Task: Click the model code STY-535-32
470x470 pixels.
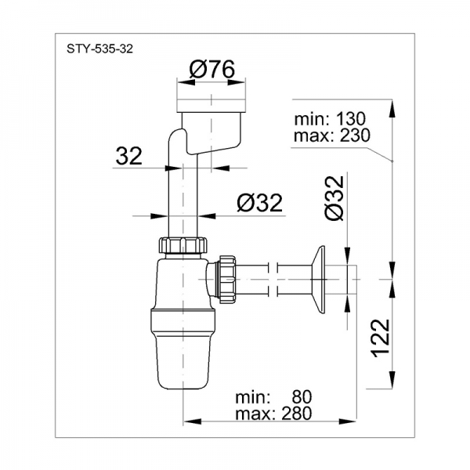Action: (99, 49)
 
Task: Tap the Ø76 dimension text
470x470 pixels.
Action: (212, 69)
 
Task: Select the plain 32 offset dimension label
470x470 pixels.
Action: (129, 156)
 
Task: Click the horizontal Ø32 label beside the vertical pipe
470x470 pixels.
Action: (259, 203)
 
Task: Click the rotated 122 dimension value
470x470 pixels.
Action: (380, 338)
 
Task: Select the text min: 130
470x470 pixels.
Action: (330, 119)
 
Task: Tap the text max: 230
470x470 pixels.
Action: (332, 136)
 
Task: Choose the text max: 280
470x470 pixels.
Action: (273, 414)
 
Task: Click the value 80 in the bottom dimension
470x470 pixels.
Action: (302, 397)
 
